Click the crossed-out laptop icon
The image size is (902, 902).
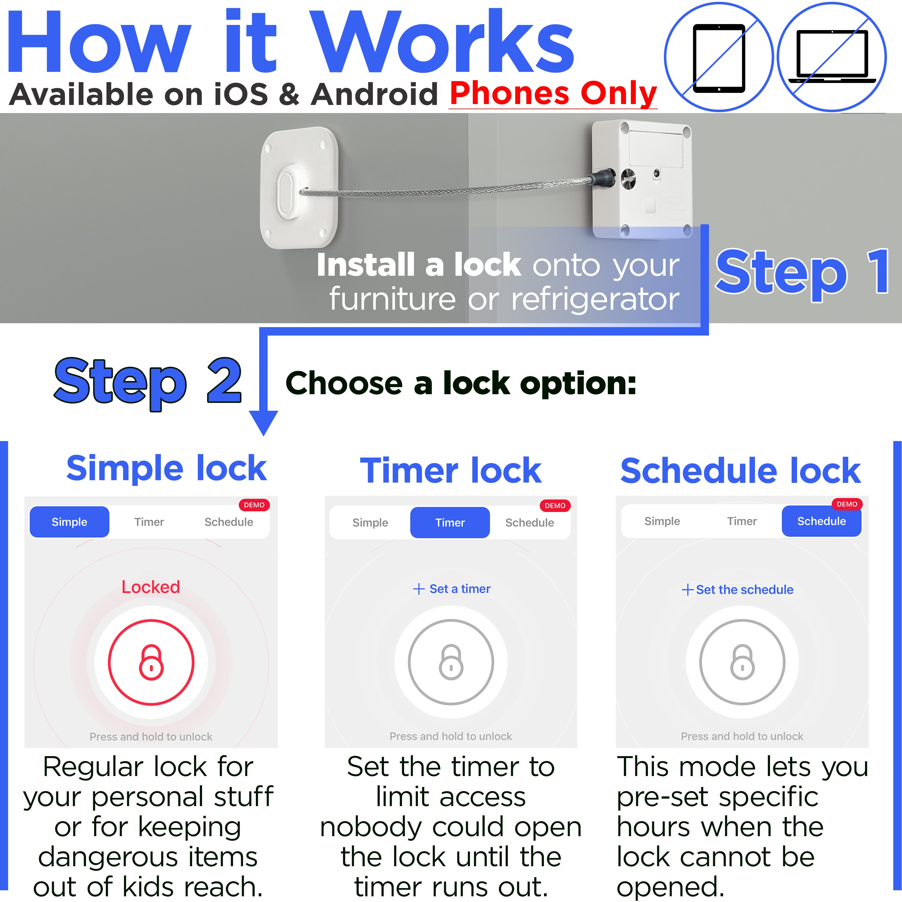click(x=832, y=57)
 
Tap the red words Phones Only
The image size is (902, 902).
click(x=553, y=94)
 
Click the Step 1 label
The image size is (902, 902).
click(x=802, y=272)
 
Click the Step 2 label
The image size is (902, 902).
click(x=148, y=382)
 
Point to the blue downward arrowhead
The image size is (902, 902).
click(x=263, y=422)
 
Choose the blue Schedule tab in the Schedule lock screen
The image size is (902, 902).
click(x=821, y=521)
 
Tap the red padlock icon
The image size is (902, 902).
click(x=151, y=662)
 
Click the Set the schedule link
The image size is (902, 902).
click(x=738, y=590)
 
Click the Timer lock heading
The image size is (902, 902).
click(x=450, y=471)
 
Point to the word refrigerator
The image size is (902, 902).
click(x=595, y=299)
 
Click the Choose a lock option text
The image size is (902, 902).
click(x=461, y=384)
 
